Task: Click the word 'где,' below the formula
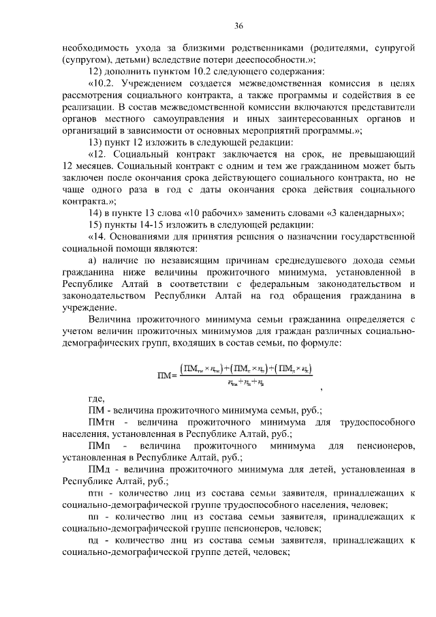(x=98, y=399)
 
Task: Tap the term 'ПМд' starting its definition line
(x=99, y=470)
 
